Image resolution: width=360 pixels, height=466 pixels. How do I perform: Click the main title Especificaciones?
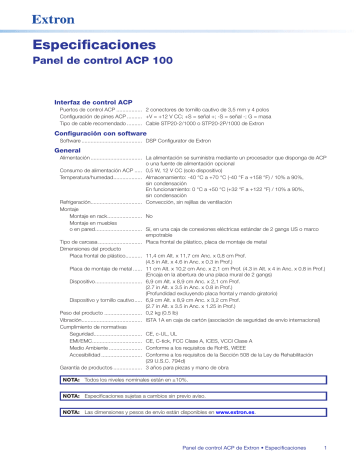tap(111, 46)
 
